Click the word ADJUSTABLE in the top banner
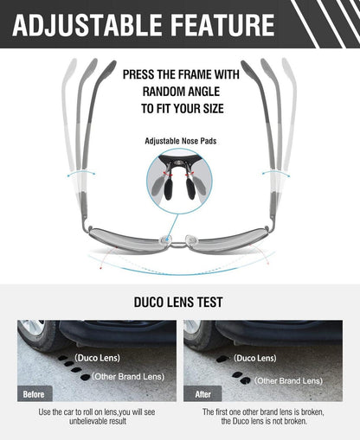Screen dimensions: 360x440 (x=87, y=25)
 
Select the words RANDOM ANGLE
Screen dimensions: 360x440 (x=181, y=92)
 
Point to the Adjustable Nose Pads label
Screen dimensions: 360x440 (x=181, y=141)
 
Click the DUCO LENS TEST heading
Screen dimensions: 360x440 (x=178, y=302)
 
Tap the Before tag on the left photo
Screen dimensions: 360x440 (x=34, y=394)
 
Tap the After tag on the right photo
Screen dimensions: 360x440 (x=202, y=394)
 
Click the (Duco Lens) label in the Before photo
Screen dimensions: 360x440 (x=97, y=358)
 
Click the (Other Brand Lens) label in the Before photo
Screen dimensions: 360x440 (x=128, y=376)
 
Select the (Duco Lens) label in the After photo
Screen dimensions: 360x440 (x=255, y=358)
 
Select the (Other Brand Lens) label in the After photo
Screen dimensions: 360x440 (x=288, y=381)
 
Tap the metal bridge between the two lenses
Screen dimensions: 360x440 (x=179, y=245)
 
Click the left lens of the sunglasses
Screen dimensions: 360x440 (x=128, y=240)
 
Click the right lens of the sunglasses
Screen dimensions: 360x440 (x=228, y=240)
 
